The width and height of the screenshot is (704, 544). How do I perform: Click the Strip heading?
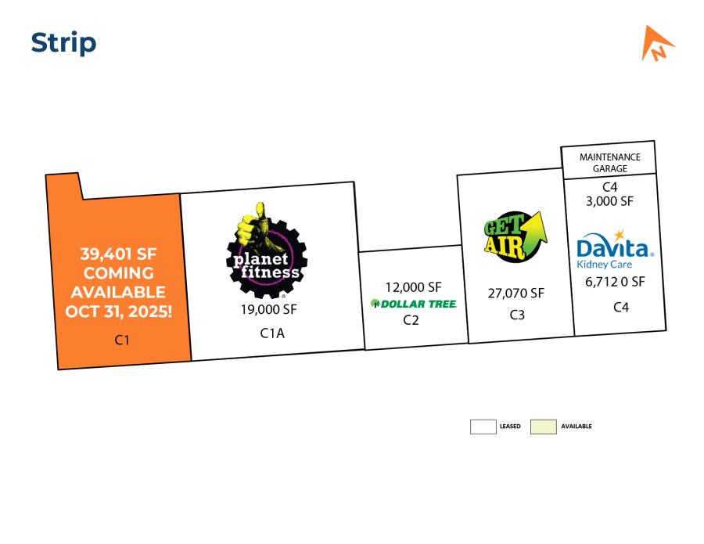tap(63, 43)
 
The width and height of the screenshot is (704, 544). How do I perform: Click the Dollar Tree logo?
tap(414, 304)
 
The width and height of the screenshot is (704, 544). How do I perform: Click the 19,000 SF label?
tap(268, 309)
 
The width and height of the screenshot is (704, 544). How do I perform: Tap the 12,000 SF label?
tap(413, 287)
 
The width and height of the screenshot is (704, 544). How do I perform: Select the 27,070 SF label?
tap(515, 294)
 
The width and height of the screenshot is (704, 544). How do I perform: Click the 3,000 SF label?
tap(611, 201)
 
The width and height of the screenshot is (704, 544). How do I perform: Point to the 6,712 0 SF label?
tap(616, 282)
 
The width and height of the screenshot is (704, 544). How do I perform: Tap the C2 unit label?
tap(411, 319)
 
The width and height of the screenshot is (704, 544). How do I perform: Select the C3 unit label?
tap(516, 315)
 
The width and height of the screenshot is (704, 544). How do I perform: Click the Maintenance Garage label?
tap(609, 162)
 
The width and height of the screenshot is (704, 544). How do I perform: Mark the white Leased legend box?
tap(483, 427)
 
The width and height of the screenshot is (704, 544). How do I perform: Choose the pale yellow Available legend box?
tap(544, 427)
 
